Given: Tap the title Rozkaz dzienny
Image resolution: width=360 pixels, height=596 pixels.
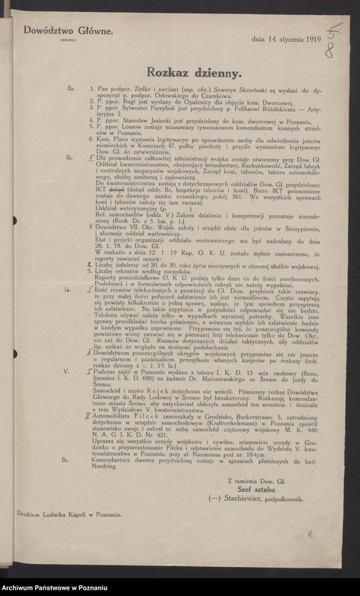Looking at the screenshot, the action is [x=194, y=72].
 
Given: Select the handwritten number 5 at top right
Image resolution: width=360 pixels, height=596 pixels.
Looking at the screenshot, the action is [x=336, y=31].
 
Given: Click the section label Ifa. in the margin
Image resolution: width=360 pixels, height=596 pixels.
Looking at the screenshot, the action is [x=71, y=89].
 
